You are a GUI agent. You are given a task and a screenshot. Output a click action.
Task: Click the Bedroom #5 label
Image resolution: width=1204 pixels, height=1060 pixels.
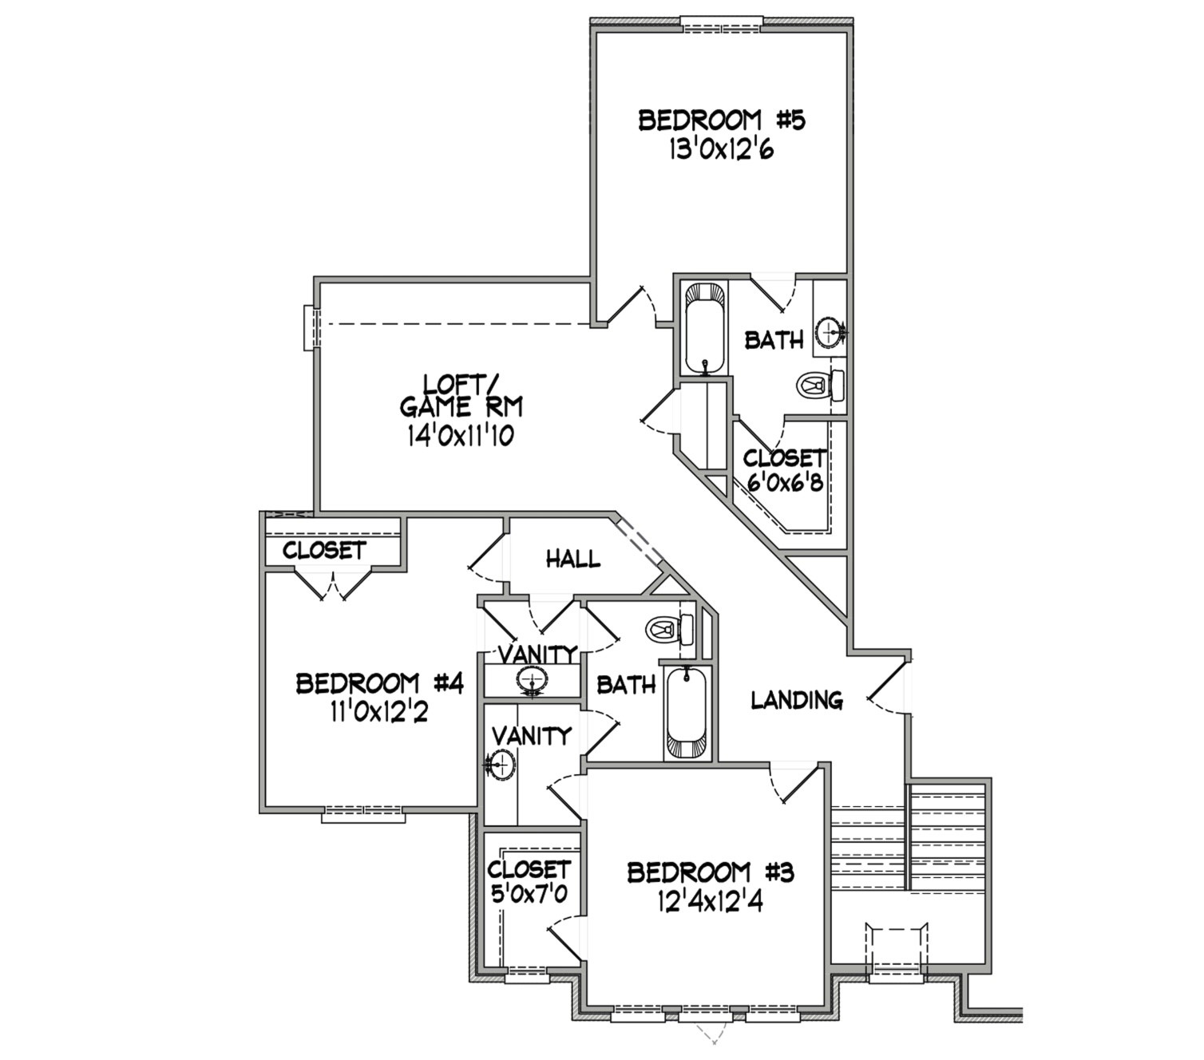722,121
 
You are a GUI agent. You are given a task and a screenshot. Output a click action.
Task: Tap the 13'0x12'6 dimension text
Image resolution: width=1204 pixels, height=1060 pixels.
722,150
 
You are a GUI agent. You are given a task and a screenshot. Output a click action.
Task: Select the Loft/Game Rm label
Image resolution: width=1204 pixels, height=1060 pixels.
461,396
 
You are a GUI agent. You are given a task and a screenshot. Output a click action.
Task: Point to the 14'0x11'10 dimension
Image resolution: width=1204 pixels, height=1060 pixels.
461,437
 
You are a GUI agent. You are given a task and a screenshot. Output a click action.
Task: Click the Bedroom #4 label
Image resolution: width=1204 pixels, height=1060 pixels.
379,684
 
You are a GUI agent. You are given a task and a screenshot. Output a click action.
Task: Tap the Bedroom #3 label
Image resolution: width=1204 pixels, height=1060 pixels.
711,873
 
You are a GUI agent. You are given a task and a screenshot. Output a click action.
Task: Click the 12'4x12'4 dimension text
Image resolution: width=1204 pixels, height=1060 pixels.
710,903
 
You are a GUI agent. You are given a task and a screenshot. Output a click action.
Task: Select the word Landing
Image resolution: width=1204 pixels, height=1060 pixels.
797,700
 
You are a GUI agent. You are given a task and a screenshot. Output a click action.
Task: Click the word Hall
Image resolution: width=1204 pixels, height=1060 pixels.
573,559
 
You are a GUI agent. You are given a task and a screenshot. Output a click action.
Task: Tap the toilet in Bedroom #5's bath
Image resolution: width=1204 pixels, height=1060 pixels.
820,386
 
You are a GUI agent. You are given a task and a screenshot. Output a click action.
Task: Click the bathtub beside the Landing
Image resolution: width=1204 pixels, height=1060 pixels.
687,712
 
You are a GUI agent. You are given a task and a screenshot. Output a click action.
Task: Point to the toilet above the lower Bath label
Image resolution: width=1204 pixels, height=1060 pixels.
671,629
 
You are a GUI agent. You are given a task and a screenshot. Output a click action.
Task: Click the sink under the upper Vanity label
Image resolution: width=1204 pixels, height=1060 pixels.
531,680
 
